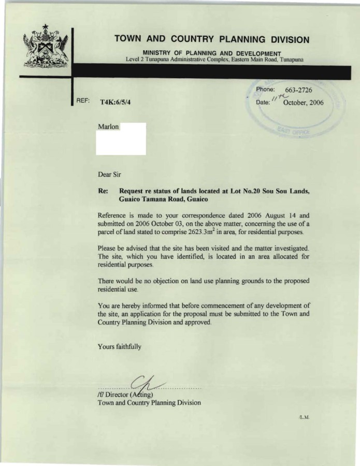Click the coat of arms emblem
(x=46, y=49)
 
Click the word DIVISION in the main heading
(x=284, y=39)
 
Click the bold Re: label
(x=103, y=191)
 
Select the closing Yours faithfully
(x=119, y=347)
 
